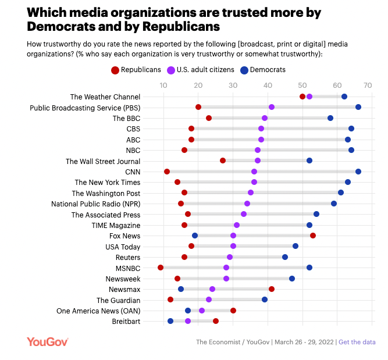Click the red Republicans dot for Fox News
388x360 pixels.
coord(313,236)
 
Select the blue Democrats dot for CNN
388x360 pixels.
coord(358,172)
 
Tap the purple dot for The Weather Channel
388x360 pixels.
coord(309,97)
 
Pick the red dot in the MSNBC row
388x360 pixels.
coord(161,268)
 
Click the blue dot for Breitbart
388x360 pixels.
coord(170,321)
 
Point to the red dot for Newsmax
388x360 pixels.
coord(272,289)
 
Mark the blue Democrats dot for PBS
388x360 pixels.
coord(358,107)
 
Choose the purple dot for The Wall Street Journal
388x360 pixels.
coord(258,161)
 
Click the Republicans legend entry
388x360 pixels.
coord(136,70)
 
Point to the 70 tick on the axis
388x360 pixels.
coord(368,85)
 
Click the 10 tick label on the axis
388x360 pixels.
coord(164,85)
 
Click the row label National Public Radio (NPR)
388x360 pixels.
coord(95,204)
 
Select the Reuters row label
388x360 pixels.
coord(128,257)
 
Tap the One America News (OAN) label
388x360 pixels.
coord(98,311)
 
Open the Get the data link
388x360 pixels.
coord(357,342)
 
